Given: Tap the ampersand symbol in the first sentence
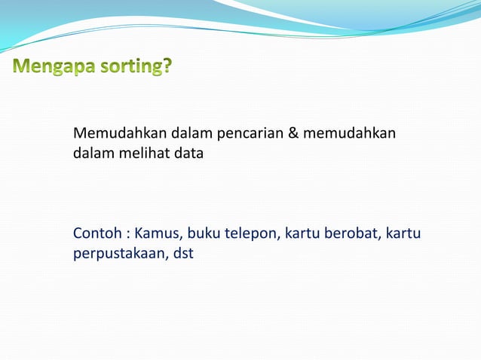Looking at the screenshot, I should [294, 134].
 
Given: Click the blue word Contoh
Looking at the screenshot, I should [95, 234].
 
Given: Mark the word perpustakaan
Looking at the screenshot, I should [120, 254].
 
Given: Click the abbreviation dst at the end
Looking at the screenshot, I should [183, 253].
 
